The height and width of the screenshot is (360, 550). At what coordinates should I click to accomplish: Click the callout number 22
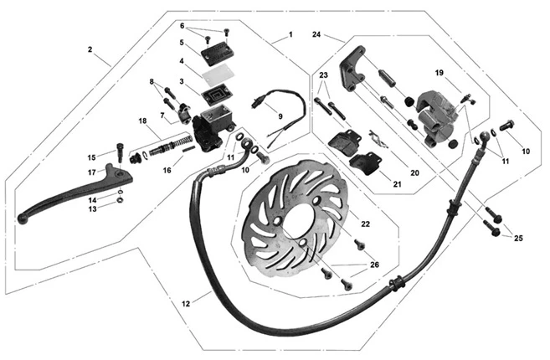pyautogui.click(x=365, y=224)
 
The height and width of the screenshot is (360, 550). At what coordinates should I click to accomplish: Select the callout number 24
pyautogui.click(x=316, y=34)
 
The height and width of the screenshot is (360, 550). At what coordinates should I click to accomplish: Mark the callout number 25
pyautogui.click(x=518, y=239)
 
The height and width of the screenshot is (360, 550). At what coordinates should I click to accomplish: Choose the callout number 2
pyautogui.click(x=90, y=49)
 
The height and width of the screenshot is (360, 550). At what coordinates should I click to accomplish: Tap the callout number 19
pyautogui.click(x=438, y=73)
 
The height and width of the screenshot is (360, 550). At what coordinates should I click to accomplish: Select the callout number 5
pyautogui.click(x=181, y=42)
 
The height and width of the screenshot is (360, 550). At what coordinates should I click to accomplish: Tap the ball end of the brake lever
pyautogui.click(x=21, y=219)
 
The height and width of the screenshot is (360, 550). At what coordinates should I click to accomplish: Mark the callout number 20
pyautogui.click(x=413, y=172)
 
